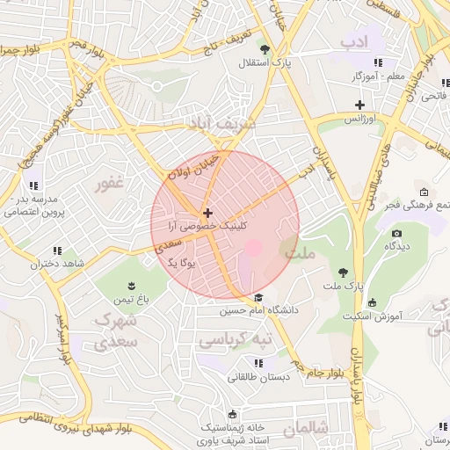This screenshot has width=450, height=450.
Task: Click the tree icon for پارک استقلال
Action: click(265, 48)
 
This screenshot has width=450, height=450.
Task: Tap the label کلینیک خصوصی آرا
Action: click(207, 226)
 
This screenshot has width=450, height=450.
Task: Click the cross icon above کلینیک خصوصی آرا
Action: click(207, 213)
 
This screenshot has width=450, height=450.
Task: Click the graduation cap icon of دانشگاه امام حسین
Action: click(258, 297)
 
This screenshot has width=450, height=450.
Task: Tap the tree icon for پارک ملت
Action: click(343, 272)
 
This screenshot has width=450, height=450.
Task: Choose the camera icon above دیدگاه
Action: click(396, 234)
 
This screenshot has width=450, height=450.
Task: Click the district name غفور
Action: click(109, 184)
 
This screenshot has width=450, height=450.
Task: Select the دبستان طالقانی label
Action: click(257, 377)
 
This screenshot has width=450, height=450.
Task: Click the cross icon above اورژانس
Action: click(359, 105)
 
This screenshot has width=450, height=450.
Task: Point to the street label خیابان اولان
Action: click(188, 161)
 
